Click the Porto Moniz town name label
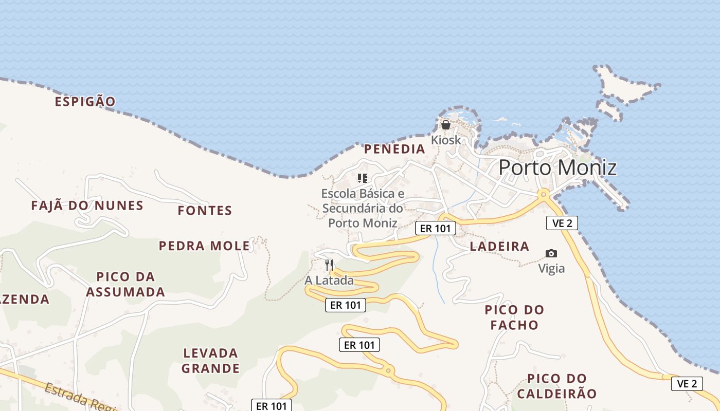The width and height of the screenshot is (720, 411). tap(557, 167)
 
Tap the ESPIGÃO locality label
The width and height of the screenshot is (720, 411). tap(85, 101)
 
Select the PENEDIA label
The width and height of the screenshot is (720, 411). tap(394, 149)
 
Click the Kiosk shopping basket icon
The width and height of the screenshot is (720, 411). tap(446, 125)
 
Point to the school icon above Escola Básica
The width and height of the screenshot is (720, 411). tap(363, 178)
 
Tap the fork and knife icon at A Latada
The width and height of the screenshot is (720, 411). tap(329, 265)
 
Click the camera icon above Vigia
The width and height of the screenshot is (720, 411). tap(551, 253)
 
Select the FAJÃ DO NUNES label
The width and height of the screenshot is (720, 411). tap(87, 206)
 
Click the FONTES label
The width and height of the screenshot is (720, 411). tap(205, 210)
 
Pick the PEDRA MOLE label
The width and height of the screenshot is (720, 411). tap(204, 246)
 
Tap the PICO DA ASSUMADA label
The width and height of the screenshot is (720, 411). tap(125, 284)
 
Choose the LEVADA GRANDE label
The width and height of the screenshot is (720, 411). tap(210, 361)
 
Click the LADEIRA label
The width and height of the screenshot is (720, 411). tap(499, 246)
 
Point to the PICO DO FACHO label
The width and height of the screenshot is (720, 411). tap(514, 317)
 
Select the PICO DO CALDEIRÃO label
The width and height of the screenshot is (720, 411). tap(557, 386)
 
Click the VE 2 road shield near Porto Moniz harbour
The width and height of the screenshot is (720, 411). tap(562, 223)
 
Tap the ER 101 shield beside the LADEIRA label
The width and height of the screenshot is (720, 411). tap(435, 229)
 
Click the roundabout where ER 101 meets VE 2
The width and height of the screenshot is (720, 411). tap(543, 194)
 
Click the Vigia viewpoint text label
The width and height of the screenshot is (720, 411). tap(551, 268)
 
